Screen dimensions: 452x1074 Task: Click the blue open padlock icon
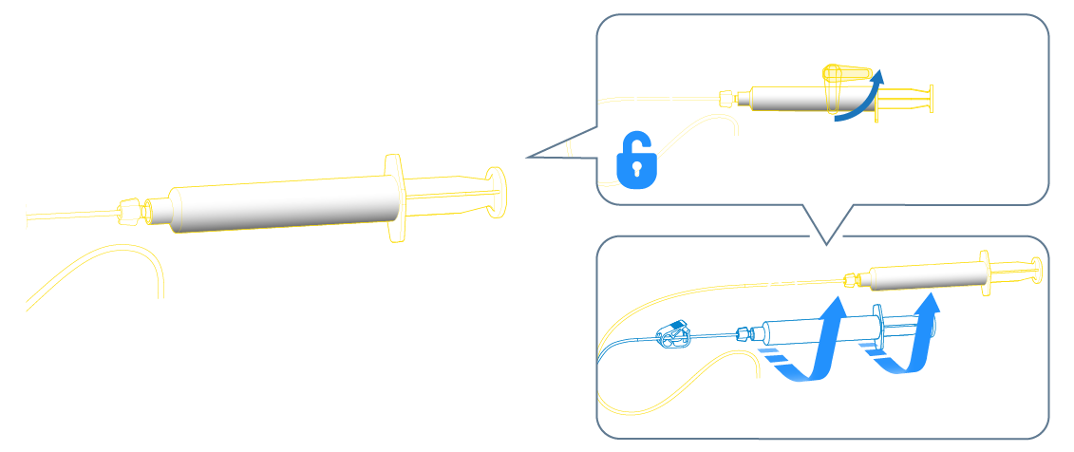tap(637, 161)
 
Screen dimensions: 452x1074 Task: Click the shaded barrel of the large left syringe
tap(285, 205)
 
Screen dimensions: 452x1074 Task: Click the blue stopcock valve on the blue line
tap(674, 334)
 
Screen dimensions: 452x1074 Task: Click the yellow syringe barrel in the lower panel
tap(926, 276)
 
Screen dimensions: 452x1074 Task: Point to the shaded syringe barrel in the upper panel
tap(788, 99)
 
